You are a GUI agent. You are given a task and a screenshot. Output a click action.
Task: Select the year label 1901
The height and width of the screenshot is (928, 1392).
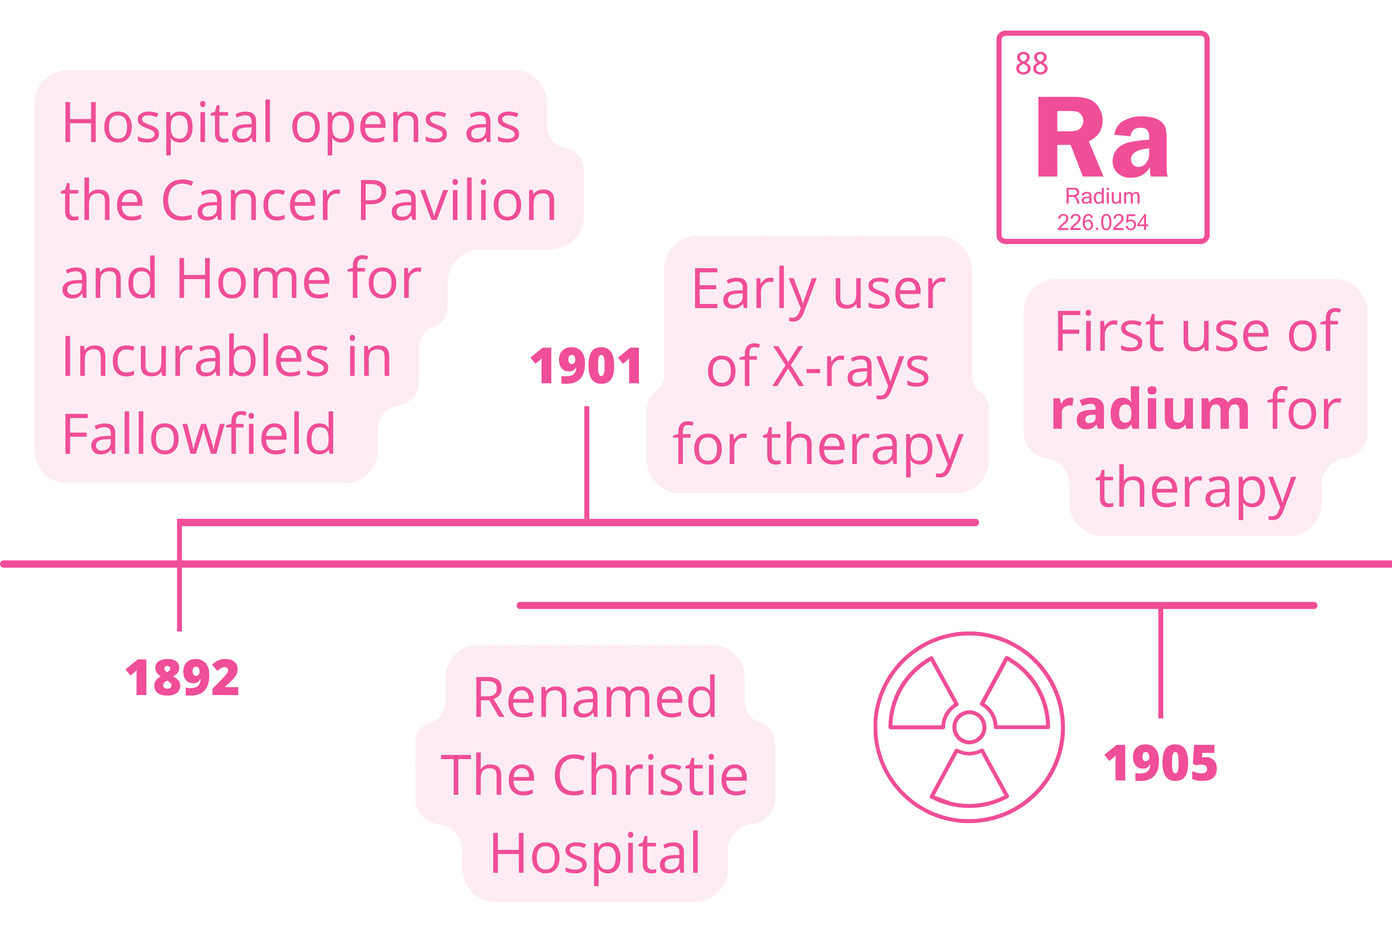tap(586, 365)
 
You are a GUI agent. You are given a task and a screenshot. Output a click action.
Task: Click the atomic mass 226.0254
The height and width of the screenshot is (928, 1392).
tap(1102, 223)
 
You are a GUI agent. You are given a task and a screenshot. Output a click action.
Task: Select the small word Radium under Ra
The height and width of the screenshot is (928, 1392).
tap(1102, 196)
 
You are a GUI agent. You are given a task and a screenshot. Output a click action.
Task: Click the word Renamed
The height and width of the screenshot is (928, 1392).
tap(595, 698)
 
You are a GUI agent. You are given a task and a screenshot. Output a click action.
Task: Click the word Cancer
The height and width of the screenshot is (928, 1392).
tap(251, 200)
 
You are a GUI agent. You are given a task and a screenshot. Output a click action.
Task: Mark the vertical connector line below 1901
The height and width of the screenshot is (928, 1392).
tap(586, 463)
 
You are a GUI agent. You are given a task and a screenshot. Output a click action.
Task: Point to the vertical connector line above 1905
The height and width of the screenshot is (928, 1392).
tap(1160, 663)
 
